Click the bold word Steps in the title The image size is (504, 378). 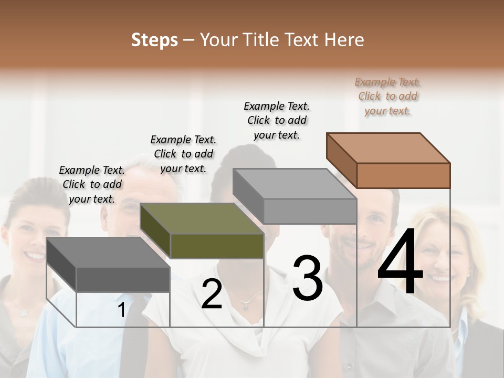(154, 40)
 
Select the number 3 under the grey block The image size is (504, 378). (308, 278)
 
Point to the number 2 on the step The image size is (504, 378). (212, 295)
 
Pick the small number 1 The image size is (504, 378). (121, 310)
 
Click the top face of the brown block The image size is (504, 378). (387, 148)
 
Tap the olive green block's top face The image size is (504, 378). (201, 218)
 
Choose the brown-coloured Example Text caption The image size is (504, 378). (388, 96)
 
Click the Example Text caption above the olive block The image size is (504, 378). (183, 154)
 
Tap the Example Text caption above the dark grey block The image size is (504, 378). (92, 184)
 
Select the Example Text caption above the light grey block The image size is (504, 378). (277, 120)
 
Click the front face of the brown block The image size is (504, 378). (403, 175)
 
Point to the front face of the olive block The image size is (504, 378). (217, 246)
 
